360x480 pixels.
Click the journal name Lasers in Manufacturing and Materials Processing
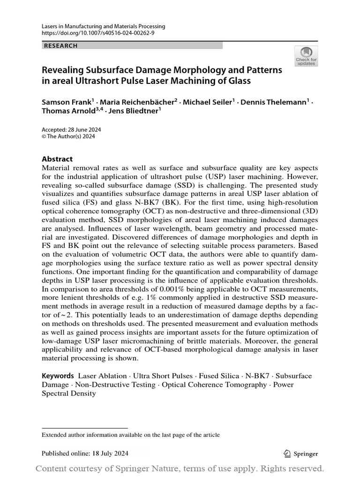pyautogui.click(x=103, y=27)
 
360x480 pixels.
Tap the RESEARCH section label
pyautogui.click(x=60, y=46)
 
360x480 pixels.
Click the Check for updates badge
pyautogui.click(x=306, y=57)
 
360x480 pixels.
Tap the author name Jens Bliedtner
pyautogui.click(x=135, y=111)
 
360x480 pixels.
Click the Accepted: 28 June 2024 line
pyautogui.click(x=71, y=130)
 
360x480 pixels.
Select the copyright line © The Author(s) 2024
pyautogui.click(x=68, y=137)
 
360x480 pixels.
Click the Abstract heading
pyautogui.click(x=57, y=159)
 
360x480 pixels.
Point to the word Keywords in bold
pyautogui.click(x=58, y=376)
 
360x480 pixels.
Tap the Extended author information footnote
pyautogui.click(x=130, y=435)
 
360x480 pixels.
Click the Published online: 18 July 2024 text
pyautogui.click(x=85, y=453)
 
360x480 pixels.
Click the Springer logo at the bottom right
pyautogui.click(x=301, y=453)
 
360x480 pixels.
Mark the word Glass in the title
pyautogui.click(x=241, y=81)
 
